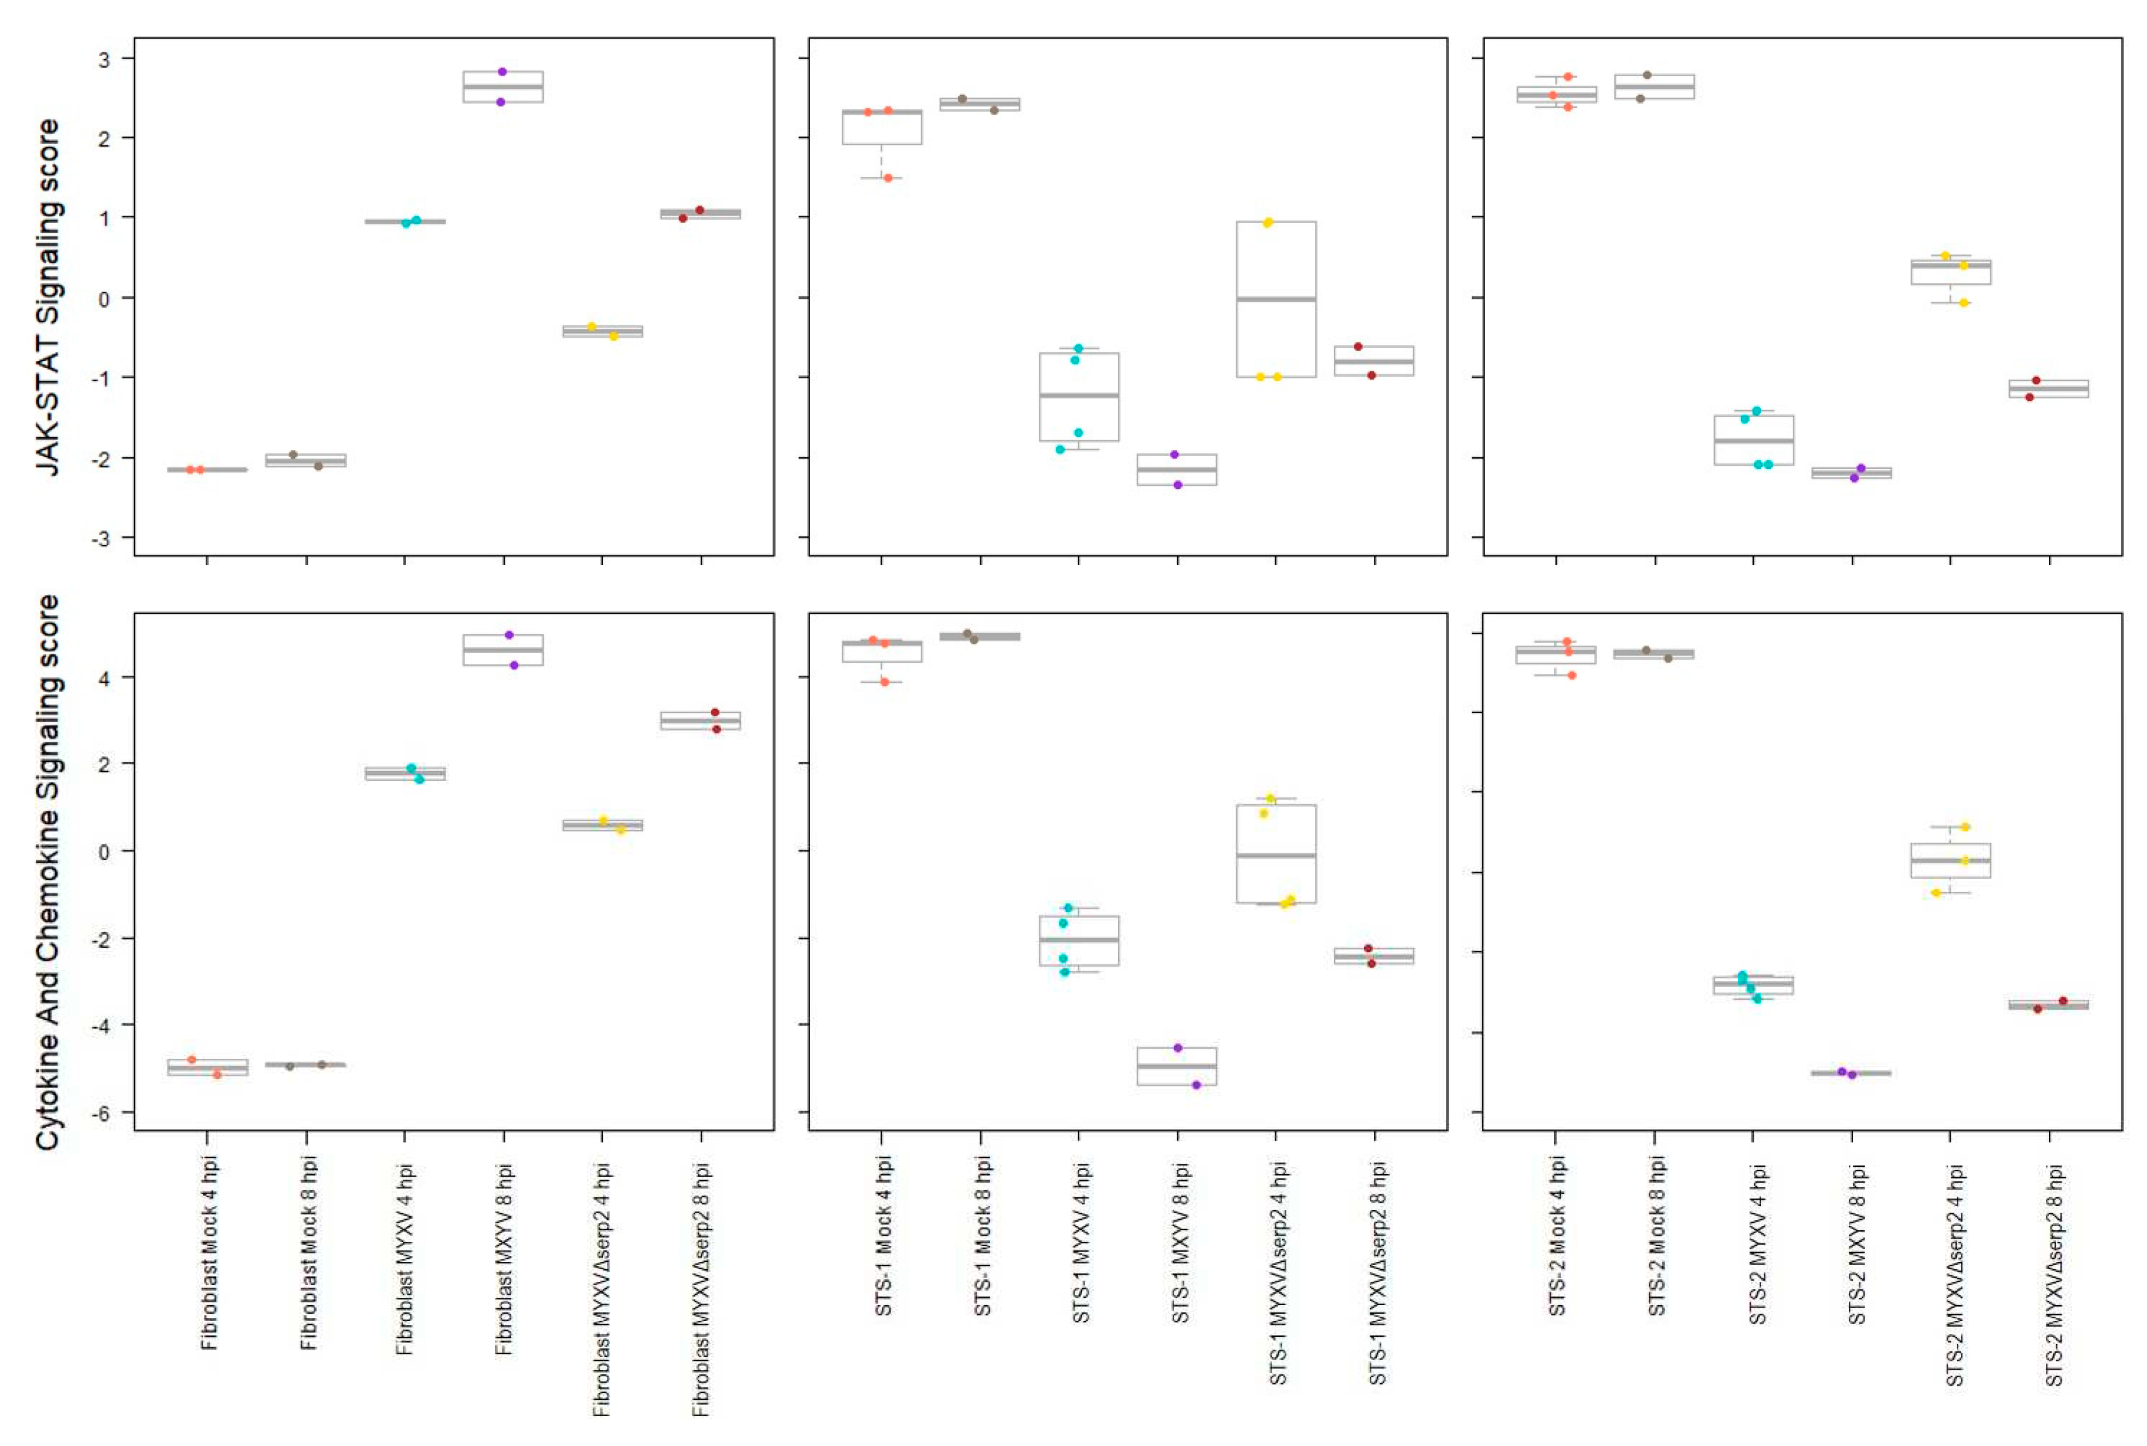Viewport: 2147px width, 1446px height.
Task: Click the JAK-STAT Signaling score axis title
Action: [x=48, y=297]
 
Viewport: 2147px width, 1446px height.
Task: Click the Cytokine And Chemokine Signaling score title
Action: [x=48, y=872]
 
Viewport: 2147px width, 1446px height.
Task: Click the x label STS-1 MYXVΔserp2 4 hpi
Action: [x=1277, y=1273]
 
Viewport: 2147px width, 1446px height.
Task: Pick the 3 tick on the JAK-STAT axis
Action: [x=103, y=59]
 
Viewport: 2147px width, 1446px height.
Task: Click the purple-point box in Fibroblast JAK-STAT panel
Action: [x=503, y=87]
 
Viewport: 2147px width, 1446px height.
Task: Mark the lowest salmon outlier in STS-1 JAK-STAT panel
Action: [x=888, y=178]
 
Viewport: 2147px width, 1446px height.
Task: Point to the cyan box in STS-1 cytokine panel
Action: [x=1078, y=941]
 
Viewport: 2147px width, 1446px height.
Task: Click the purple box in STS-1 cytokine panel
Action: [x=1176, y=1066]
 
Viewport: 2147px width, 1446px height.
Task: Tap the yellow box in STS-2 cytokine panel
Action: [x=1949, y=860]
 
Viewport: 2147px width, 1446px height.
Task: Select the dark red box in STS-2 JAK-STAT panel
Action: [x=2048, y=388]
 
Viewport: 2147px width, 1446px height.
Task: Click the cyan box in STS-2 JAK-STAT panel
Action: [x=1753, y=440]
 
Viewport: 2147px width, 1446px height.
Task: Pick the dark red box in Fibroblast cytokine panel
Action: [x=700, y=720]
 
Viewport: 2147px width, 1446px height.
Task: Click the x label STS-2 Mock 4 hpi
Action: [x=1558, y=1236]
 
